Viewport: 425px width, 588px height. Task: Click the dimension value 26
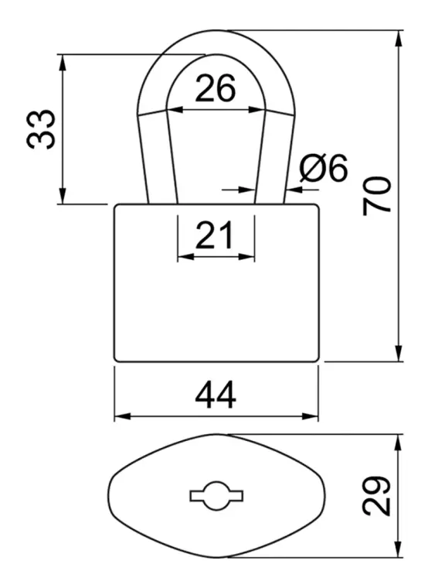pyautogui.click(x=216, y=88)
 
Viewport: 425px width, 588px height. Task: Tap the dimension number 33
pyautogui.click(x=41, y=130)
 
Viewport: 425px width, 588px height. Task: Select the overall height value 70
pyautogui.click(x=376, y=196)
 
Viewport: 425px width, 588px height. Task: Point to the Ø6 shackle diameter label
pyautogui.click(x=324, y=168)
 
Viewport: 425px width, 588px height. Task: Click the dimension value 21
pyautogui.click(x=214, y=235)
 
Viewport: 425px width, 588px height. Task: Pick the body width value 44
pyautogui.click(x=216, y=395)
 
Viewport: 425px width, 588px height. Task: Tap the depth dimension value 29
pyautogui.click(x=376, y=496)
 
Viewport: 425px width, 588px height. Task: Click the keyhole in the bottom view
pyautogui.click(x=216, y=496)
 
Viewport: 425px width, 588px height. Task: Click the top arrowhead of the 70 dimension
pyautogui.click(x=399, y=39)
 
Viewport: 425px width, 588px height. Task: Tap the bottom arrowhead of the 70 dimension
pyautogui.click(x=399, y=354)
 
